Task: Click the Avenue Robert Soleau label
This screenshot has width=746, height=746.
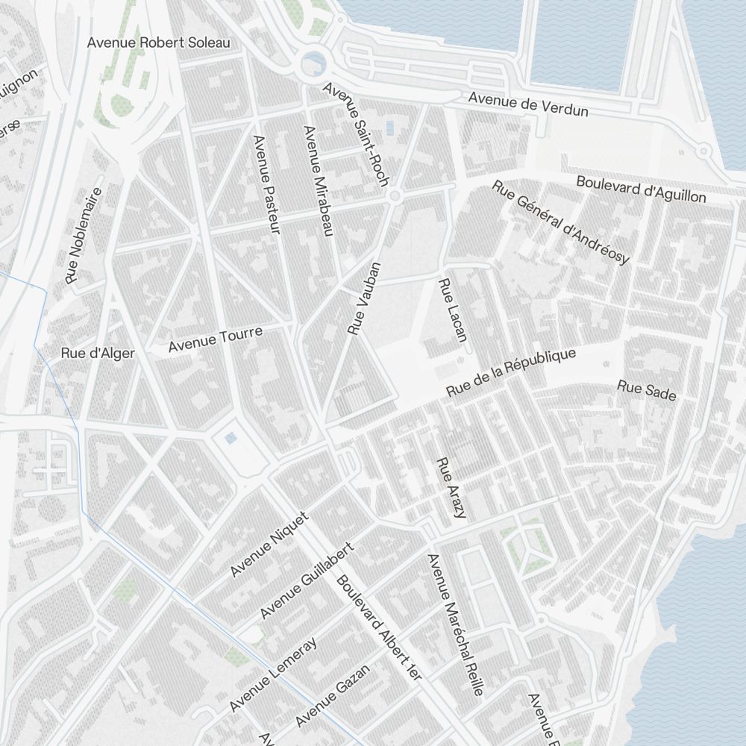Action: point(158,43)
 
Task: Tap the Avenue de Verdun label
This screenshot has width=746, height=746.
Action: point(528,104)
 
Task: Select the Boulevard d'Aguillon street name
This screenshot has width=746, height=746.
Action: point(641,189)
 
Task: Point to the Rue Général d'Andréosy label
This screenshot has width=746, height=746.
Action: point(561,222)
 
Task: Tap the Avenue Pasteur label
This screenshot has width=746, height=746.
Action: point(266,185)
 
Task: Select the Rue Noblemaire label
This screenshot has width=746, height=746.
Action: point(83,235)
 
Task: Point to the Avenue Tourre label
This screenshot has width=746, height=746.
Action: point(216,339)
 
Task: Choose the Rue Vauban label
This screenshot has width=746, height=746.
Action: point(365,298)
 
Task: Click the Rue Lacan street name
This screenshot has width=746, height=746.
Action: point(453,310)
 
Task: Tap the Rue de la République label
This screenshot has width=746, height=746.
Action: point(511,372)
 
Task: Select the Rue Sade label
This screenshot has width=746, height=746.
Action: point(646,390)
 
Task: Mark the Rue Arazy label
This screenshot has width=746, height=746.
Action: point(451,488)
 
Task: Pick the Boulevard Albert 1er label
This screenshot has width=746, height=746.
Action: point(379,627)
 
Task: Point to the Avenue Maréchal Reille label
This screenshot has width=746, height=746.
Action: point(455,624)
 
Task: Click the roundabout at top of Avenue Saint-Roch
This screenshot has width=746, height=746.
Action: point(313,66)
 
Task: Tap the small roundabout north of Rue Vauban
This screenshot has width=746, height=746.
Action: point(395,196)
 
